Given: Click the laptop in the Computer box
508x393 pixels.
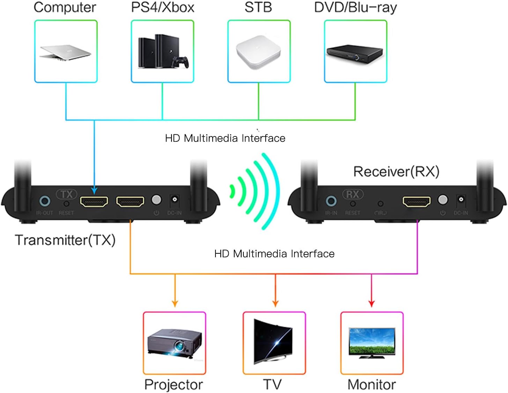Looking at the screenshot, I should point(65,52).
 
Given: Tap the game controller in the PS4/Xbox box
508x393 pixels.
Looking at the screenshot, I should point(182,62).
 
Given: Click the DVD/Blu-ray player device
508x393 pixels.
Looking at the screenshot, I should point(354,53).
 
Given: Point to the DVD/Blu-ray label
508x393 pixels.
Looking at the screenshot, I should point(355,8).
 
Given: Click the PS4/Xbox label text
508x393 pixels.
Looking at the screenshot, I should point(162,8).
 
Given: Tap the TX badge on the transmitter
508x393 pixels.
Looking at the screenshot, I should point(66,194).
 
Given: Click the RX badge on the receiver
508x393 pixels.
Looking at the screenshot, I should point(353,194).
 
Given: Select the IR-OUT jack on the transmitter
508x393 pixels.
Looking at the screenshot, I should point(45,201).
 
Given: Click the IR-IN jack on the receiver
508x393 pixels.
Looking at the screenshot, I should point(331,201).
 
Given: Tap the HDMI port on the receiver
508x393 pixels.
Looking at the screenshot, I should point(416,201).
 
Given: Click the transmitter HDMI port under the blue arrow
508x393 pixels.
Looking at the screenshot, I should point(94,201).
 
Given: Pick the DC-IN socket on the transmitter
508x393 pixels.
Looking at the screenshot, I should point(175,200).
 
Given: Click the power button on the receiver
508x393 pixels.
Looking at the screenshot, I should point(442,200).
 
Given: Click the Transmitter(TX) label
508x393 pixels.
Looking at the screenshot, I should point(65,240).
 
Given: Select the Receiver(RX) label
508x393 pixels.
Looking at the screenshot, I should point(396,172).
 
